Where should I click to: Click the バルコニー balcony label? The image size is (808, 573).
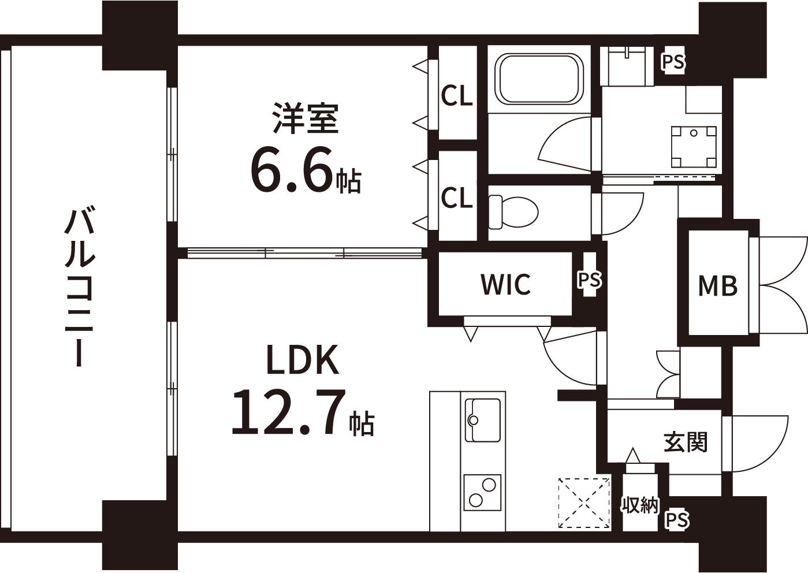[x=80, y=288]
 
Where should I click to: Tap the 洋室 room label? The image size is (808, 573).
[x=306, y=118]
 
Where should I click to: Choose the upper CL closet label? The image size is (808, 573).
[x=457, y=95]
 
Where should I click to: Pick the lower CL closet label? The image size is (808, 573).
[x=457, y=198]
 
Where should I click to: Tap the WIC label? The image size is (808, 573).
[x=506, y=284]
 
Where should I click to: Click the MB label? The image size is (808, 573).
[x=718, y=285]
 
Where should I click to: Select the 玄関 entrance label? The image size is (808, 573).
[x=686, y=442]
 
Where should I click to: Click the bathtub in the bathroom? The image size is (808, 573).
[x=539, y=79]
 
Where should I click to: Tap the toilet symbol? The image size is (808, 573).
[x=513, y=212]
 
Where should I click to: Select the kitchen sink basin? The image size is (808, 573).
[x=483, y=420]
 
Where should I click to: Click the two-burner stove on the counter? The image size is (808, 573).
[x=482, y=492]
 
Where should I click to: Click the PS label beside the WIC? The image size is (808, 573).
[x=590, y=280]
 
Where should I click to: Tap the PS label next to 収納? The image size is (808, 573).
[x=677, y=520]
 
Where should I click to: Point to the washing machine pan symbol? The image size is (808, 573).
[x=693, y=147]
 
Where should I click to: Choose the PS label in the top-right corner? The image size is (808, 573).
[x=673, y=62]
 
